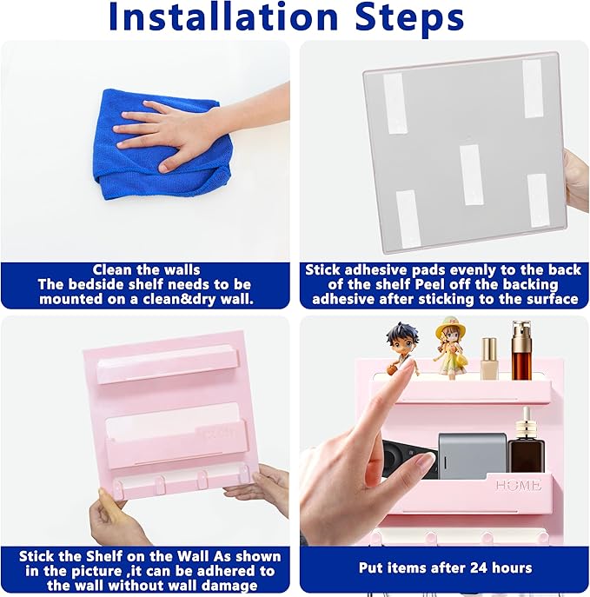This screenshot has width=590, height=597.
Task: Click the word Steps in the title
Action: tap(409, 18)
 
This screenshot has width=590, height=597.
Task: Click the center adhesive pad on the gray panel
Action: tap(471, 175)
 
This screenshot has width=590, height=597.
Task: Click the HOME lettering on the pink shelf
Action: tap(519, 486)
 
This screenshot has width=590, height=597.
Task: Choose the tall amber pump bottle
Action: tap(521, 350)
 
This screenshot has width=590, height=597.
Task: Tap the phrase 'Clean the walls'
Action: tap(146, 269)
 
